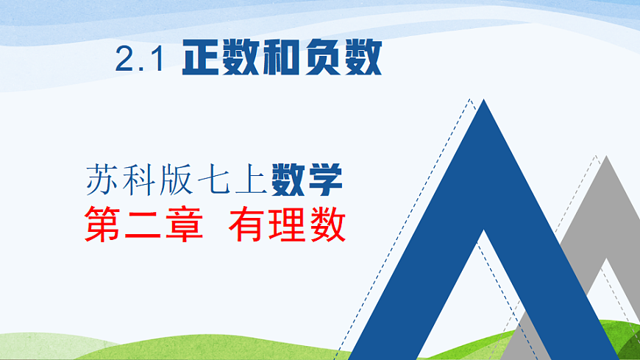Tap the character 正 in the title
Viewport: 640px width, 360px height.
click(x=202, y=58)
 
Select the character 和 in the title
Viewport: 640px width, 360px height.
click(x=282, y=58)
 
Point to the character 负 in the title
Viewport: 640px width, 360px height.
click(x=322, y=58)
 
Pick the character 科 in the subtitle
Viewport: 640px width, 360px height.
click(x=140, y=180)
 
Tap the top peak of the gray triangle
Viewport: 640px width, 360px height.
click(x=605, y=158)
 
